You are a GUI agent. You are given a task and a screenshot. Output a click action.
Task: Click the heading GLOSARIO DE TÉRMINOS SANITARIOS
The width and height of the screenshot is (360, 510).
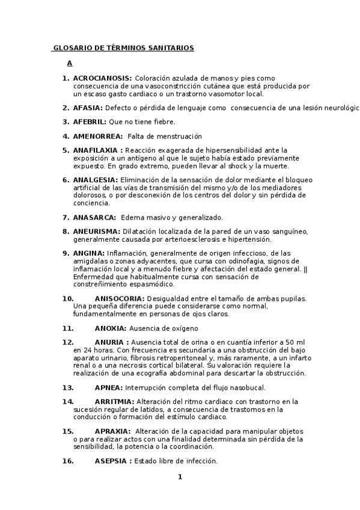click(x=123, y=48)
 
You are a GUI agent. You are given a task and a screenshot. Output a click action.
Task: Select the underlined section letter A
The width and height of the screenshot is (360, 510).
click(x=70, y=63)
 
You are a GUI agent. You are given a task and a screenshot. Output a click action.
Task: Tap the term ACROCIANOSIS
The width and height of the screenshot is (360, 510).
click(x=102, y=78)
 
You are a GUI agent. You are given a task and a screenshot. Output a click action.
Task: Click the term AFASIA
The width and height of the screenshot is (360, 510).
click(x=88, y=108)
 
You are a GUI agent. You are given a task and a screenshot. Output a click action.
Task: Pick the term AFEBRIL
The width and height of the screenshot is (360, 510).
click(x=90, y=122)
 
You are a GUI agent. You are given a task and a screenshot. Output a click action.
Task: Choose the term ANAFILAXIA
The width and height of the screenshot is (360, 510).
click(x=98, y=150)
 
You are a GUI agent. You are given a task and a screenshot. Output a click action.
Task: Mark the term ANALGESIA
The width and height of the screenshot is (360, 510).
click(x=96, y=180)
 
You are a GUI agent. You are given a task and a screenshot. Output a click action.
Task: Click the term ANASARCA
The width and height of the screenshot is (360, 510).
click(x=95, y=218)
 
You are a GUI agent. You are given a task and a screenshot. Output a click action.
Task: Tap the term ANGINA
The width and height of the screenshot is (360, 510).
click(x=88, y=253)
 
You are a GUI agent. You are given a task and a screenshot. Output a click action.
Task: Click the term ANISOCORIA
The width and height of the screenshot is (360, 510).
click(x=119, y=298)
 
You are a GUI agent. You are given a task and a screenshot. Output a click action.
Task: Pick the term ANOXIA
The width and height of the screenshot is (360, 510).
click(x=110, y=328)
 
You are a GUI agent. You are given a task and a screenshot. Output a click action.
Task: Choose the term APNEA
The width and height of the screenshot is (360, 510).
click(x=108, y=387)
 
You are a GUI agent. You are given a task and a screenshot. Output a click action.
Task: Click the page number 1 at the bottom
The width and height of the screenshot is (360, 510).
click(x=179, y=478)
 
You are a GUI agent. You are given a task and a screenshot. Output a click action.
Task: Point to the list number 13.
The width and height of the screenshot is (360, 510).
click(x=68, y=387)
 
